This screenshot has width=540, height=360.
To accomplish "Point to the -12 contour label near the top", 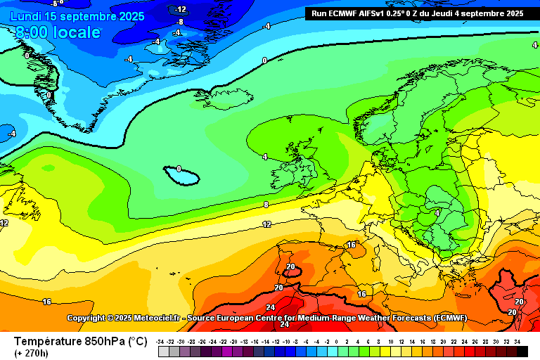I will coord(181,9).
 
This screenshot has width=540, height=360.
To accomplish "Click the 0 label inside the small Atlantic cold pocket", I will coord(179,169).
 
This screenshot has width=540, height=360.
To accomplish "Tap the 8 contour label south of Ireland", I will coord(266,205).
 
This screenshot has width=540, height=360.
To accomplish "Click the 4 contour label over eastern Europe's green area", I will coord(437,212).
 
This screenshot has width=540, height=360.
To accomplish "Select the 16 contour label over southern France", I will coord(352,245).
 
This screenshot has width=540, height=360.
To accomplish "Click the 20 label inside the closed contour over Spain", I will coord(291,266).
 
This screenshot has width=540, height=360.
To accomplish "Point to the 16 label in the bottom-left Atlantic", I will coord(46,302).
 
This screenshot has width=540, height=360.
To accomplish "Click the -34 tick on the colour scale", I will coord(161,341).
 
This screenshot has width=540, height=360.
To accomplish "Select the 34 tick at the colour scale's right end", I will coord(517,341).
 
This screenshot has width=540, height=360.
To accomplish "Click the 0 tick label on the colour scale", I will coord(337,341).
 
